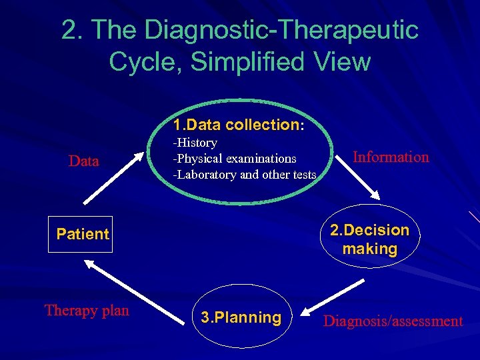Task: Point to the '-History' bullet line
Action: [x=195, y=143]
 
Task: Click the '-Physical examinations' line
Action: [x=235, y=159]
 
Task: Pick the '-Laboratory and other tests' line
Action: [x=245, y=175]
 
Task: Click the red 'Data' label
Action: [x=84, y=161]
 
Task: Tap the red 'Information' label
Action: [x=391, y=157]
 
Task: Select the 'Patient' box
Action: [x=81, y=234]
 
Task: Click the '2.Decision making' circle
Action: [x=369, y=239]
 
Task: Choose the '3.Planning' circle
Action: [x=241, y=317]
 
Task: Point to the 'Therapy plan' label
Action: [x=87, y=310]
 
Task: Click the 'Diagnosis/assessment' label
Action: [x=393, y=321]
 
